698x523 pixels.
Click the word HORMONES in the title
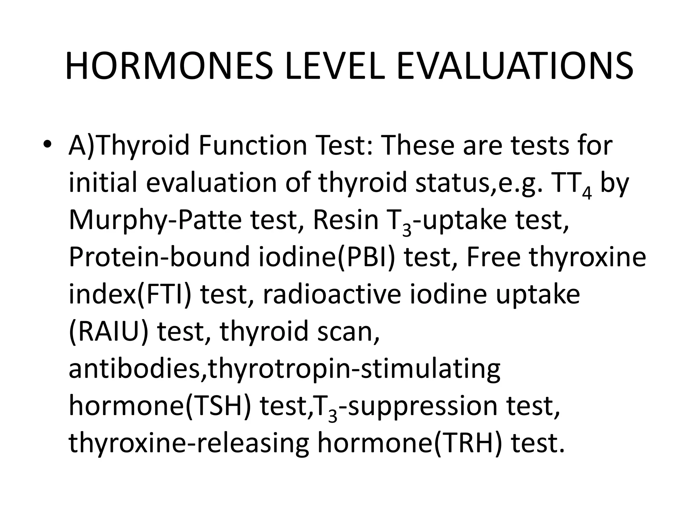[169, 67]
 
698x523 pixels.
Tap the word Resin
[346, 220]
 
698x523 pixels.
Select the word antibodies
[135, 369]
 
